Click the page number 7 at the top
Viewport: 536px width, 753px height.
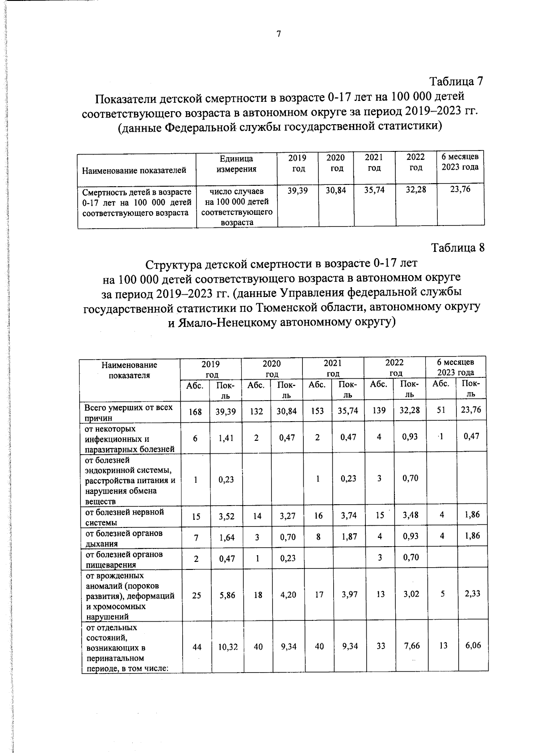[x=278, y=34]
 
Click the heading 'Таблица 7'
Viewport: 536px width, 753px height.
[x=456, y=82]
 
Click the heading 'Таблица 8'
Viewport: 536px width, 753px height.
[x=457, y=248]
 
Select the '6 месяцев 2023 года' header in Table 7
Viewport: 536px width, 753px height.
[x=460, y=162]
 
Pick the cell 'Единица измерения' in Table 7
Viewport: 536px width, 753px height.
[x=236, y=164]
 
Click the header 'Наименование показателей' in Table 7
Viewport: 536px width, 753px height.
[x=134, y=170]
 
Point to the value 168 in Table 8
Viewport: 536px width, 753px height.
[x=195, y=412]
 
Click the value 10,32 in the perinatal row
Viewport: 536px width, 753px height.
[x=227, y=646]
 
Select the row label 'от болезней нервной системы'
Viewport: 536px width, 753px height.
[x=125, y=517]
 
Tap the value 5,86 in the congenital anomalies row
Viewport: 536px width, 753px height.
[x=227, y=595]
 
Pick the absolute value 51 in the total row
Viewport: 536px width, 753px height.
[x=441, y=410]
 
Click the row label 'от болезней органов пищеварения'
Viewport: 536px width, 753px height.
[x=124, y=559]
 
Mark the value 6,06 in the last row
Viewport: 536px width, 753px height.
[x=473, y=645]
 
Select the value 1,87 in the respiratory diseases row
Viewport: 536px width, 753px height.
[x=349, y=537]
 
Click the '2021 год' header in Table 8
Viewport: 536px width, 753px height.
[x=333, y=368]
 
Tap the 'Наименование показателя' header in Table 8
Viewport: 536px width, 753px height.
[x=129, y=370]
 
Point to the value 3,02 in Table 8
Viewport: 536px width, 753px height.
[x=411, y=594]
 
